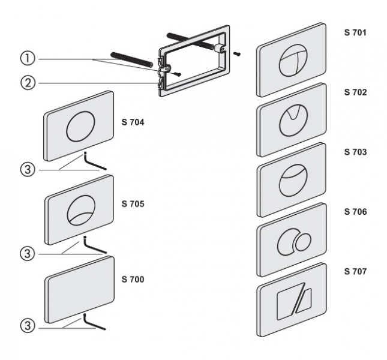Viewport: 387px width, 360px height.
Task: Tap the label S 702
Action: [x=355, y=92]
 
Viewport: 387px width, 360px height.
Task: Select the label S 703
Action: [x=355, y=152]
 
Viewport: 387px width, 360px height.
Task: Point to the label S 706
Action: [x=355, y=212]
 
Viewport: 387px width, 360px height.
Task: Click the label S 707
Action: [x=355, y=271]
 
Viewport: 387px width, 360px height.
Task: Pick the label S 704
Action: [x=133, y=122]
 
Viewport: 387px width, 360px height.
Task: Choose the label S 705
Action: [x=133, y=203]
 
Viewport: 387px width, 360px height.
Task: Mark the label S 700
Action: [x=133, y=280]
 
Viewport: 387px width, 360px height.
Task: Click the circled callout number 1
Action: [x=26, y=59]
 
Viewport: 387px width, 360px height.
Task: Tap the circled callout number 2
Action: [x=26, y=83]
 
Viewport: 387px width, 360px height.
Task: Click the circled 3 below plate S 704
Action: [x=26, y=170]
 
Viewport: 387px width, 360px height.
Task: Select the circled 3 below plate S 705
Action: [x=26, y=253]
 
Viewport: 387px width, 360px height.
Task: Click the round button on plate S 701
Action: [x=292, y=61]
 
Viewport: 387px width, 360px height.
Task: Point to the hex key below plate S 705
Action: [x=95, y=245]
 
